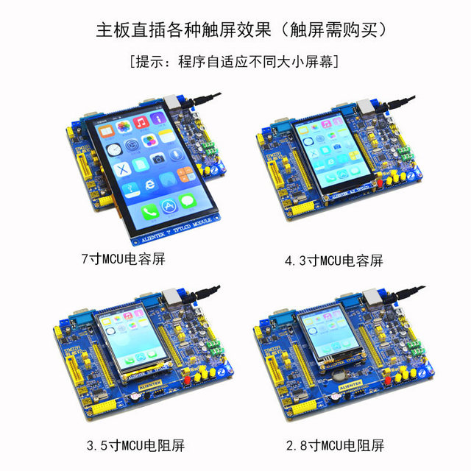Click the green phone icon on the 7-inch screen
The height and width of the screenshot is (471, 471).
[x=150, y=212]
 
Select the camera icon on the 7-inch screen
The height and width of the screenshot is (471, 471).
[x=158, y=158]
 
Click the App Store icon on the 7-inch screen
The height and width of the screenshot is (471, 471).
[x=169, y=207]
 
